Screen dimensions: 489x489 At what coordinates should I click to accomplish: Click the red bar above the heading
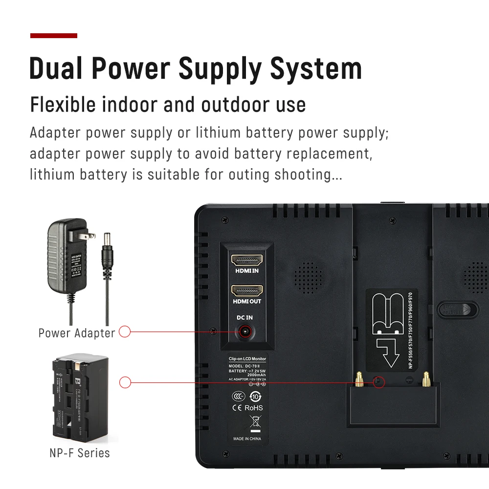pos(54,36)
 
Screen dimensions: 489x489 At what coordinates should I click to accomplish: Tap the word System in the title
pos(316,68)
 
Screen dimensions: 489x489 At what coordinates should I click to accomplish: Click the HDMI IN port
pos(247,260)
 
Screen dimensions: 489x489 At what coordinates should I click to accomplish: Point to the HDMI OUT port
pos(247,290)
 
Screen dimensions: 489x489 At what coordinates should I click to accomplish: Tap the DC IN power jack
pos(244,332)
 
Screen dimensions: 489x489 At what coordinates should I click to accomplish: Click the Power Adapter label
pos(77,333)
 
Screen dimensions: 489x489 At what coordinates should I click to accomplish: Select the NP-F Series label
pos(80,453)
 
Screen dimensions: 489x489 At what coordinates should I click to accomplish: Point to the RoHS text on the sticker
pos(254,408)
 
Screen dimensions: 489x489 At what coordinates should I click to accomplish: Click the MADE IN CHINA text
pos(247,439)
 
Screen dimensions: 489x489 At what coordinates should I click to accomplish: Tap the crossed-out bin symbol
pos(255,421)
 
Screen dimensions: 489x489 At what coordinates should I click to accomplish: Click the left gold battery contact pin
pos(359,378)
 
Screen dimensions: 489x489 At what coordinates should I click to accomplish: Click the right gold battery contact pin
pos(426,378)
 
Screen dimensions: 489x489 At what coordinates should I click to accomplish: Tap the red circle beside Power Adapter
pos(125,332)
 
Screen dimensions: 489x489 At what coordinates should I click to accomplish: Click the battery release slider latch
pos(457,309)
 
